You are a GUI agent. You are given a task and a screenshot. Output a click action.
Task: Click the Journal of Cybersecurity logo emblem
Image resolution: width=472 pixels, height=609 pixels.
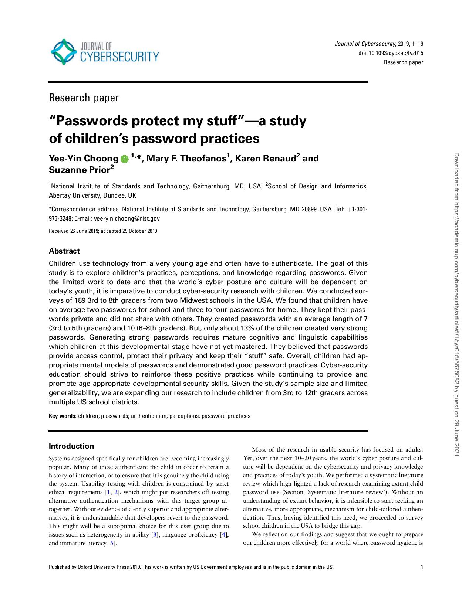point(64,52)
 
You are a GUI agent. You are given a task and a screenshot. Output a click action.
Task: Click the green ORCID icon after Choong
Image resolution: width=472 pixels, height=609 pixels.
point(124,159)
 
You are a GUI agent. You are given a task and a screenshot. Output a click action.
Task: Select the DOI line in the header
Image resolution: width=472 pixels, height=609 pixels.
point(391,53)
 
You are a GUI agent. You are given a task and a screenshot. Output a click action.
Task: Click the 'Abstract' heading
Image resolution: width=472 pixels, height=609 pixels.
point(64,251)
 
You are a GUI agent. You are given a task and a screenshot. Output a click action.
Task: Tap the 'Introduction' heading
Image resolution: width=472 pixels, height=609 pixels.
point(71,446)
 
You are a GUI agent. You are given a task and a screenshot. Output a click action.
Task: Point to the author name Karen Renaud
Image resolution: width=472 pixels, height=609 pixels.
point(265,159)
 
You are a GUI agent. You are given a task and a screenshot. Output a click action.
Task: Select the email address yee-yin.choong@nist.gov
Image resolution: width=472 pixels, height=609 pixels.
point(127,218)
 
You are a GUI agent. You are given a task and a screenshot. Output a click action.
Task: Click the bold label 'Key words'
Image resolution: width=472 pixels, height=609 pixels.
point(62,416)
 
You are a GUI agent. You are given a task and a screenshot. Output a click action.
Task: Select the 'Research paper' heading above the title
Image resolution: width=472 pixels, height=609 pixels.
point(84,98)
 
